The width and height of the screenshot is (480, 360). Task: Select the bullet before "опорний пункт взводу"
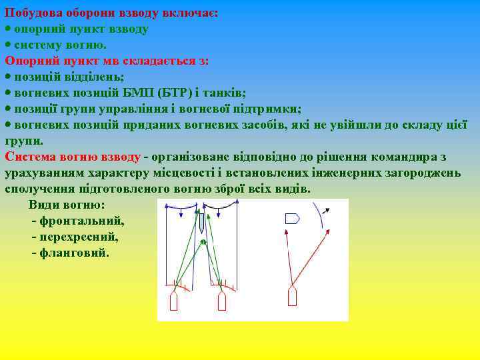[8, 29]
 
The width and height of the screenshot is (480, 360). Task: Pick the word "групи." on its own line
[24, 141]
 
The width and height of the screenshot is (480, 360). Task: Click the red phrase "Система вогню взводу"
[73, 157]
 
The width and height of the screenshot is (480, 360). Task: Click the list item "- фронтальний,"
[77, 221]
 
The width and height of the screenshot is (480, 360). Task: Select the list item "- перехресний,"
[75, 237]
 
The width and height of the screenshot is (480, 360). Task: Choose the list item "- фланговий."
[70, 253]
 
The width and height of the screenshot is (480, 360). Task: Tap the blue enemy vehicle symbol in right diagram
[292, 218]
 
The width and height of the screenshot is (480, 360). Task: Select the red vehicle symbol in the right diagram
[292, 297]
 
